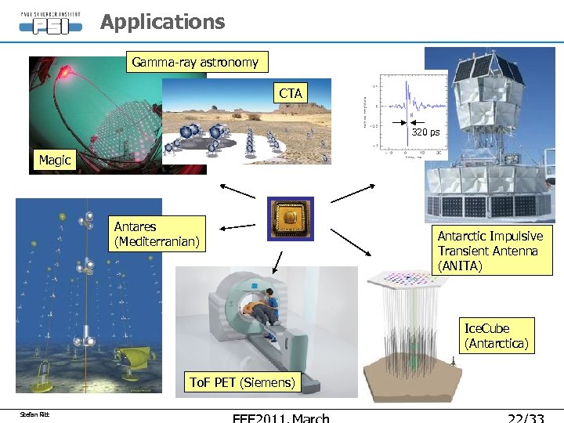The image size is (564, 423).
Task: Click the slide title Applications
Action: click(162, 22)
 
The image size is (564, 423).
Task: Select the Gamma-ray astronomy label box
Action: click(195, 62)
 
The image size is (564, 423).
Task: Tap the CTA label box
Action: click(290, 93)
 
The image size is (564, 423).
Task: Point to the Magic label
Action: click(55, 160)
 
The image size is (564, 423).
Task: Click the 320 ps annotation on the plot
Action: click(426, 132)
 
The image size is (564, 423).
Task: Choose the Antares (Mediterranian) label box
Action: click(157, 233)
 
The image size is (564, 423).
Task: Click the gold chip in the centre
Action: click(290, 218)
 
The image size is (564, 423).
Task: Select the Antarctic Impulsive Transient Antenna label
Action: click(490, 251)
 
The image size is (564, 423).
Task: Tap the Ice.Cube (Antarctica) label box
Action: click(497, 335)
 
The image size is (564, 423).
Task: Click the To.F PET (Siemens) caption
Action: click(243, 382)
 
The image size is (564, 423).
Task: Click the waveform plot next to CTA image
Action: click(403, 114)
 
